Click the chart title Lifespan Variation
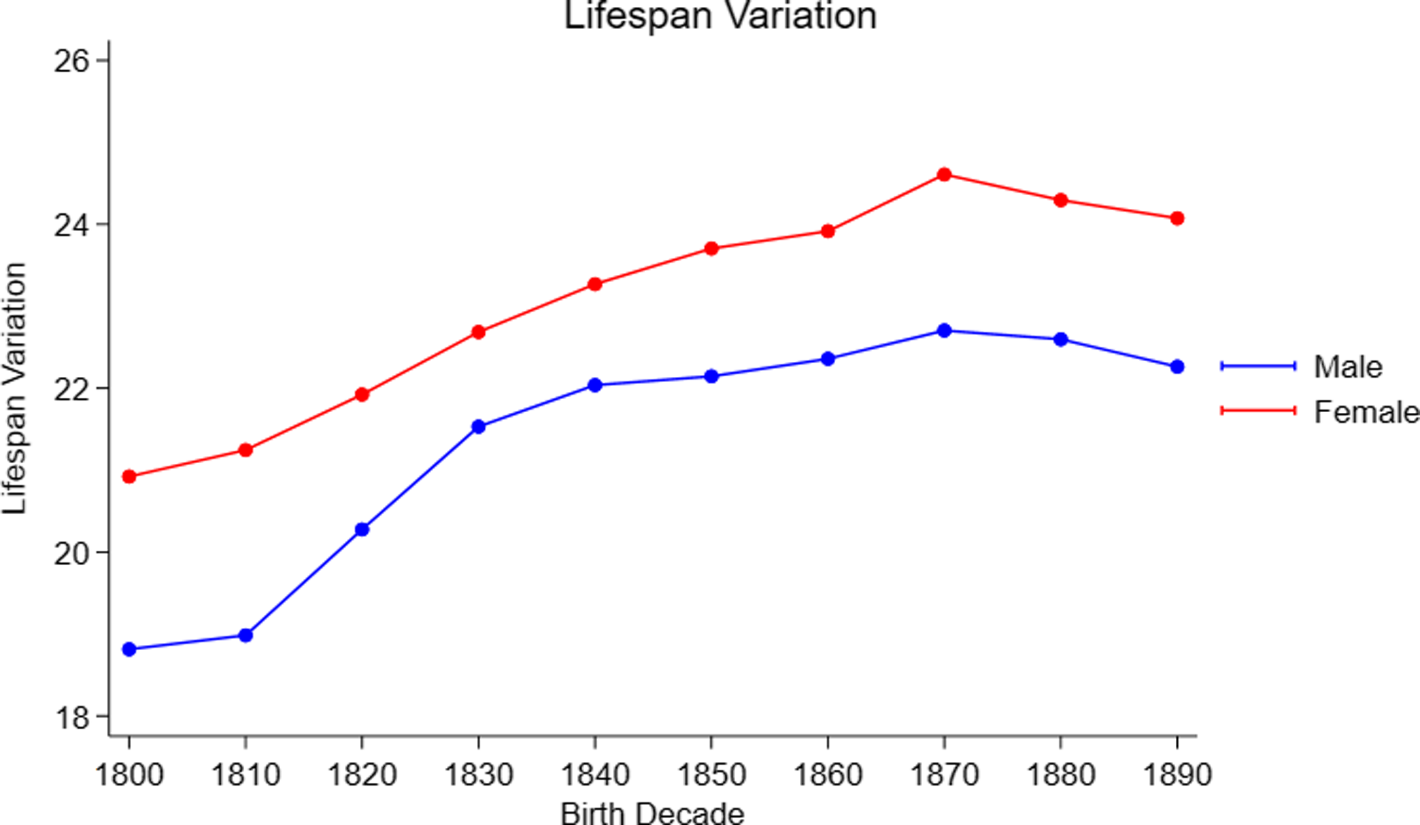720,16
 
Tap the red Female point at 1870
944,174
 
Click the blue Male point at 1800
129,649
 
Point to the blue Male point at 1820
362,529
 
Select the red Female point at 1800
129,476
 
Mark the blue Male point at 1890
1177,366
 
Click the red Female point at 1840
595,284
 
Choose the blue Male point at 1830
479,426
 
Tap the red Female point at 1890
1177,219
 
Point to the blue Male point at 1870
944,331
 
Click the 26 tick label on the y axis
71,61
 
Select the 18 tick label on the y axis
71,717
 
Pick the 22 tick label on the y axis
71,389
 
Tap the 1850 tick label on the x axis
711,775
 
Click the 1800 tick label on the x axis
129,775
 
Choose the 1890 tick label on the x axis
1177,775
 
